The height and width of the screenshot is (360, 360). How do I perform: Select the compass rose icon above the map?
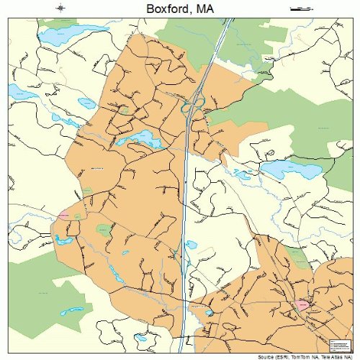point(62,8)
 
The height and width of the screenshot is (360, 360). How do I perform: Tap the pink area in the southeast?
point(303,305)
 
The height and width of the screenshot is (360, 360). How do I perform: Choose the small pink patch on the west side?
point(63,215)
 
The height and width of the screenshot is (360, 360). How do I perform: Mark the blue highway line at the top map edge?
point(229,22)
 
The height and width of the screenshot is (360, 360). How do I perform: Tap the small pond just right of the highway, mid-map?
point(192,244)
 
